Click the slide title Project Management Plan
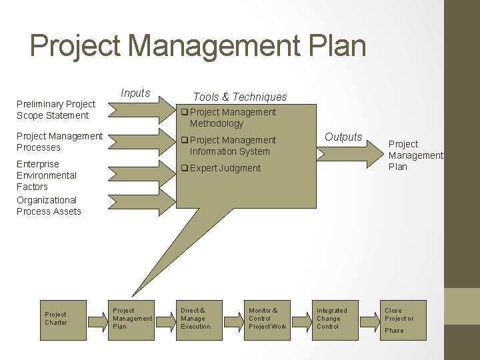click(198, 46)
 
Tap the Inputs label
click(135, 93)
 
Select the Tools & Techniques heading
click(240, 97)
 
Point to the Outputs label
click(343, 137)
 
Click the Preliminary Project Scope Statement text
click(56, 109)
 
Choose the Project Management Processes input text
click(59, 141)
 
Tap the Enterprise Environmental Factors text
click(47, 175)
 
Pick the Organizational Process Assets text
click(49, 205)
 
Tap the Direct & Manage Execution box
click(196, 319)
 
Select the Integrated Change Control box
click(332, 319)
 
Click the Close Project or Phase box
click(399, 319)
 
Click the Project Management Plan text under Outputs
click(415, 155)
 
